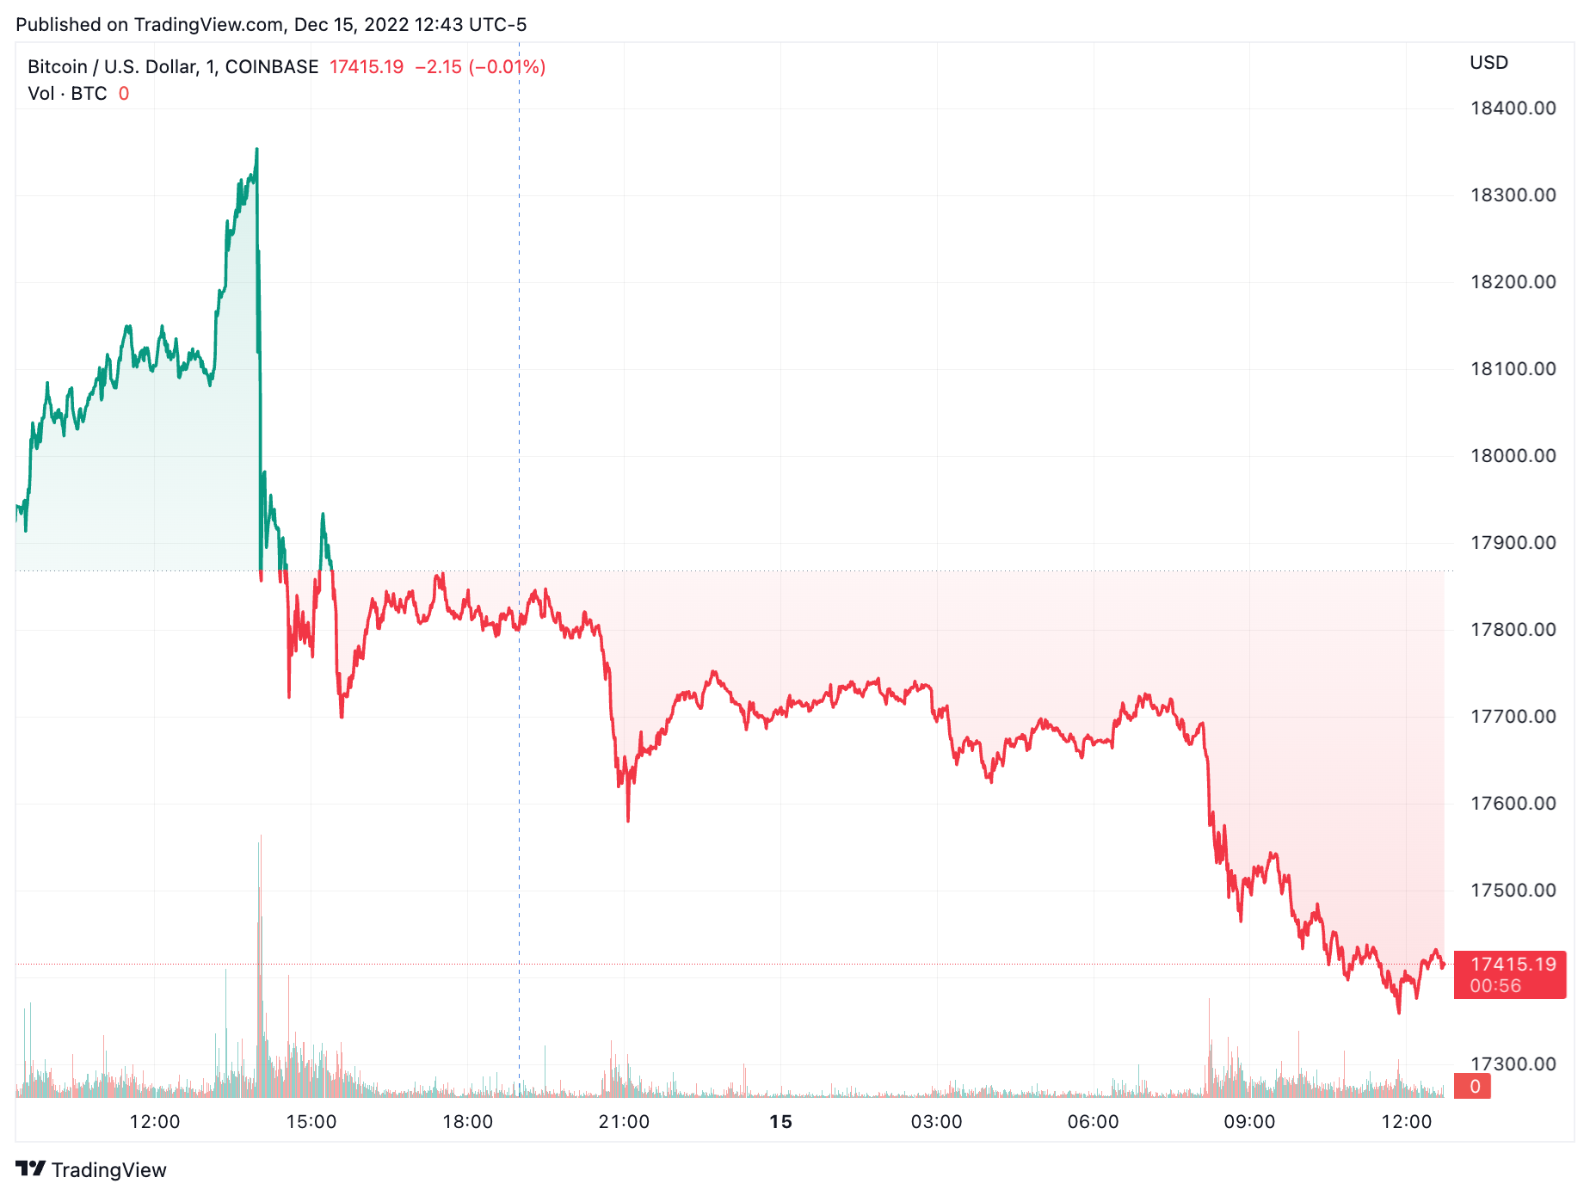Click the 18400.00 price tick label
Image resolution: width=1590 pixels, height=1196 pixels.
[x=1513, y=108]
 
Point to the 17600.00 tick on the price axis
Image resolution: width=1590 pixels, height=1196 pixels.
[x=1513, y=804]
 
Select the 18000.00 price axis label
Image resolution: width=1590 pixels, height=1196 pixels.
[x=1513, y=456]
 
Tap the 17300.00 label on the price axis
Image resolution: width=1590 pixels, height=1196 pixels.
[x=1513, y=1064]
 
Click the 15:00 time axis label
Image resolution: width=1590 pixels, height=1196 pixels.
[x=311, y=1122]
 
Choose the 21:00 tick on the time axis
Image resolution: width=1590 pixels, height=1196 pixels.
[x=624, y=1122]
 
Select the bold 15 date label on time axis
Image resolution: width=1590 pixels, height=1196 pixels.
[x=780, y=1122]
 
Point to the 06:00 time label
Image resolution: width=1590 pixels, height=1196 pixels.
[x=1093, y=1122]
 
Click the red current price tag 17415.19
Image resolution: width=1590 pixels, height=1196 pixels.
[x=1513, y=965]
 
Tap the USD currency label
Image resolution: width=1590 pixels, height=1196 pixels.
[x=1488, y=63]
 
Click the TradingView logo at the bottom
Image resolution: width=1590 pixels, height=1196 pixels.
[x=91, y=1169]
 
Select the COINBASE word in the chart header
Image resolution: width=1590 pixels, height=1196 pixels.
[x=272, y=67]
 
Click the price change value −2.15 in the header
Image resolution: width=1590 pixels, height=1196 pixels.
[x=438, y=67]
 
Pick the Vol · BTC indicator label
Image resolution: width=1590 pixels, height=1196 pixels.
[x=67, y=94]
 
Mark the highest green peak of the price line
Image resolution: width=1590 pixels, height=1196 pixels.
[x=256, y=150]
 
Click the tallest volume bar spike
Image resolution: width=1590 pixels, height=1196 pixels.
[x=260, y=836]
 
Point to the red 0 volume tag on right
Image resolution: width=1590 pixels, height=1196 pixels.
[x=1474, y=1087]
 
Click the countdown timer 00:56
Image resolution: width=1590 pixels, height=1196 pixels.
[x=1495, y=986]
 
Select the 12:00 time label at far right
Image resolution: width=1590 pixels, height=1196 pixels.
[x=1406, y=1122]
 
